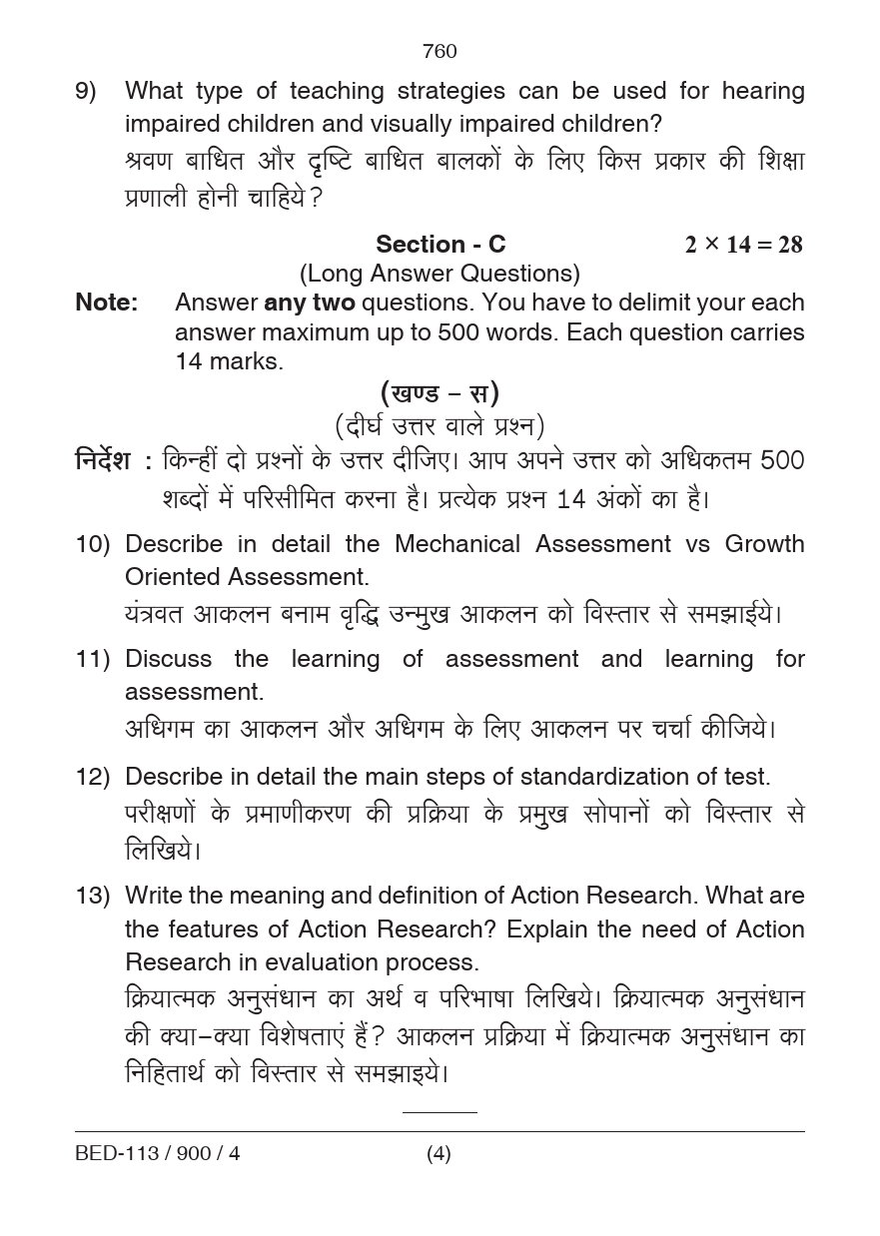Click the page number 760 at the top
coord(440,51)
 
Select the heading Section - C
coord(440,245)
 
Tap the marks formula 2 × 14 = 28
coord(743,245)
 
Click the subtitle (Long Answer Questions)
coord(440,274)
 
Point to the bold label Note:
coord(107,303)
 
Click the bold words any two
coord(309,303)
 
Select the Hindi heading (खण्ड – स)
coord(440,392)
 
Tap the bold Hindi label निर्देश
coord(103,461)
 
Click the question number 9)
coord(86,92)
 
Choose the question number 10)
coord(92,545)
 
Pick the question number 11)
coord(92,660)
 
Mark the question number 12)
coord(92,778)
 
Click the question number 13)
coord(92,897)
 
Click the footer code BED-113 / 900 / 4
coord(157,1154)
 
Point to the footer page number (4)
coord(439,1154)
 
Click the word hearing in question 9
coord(763,92)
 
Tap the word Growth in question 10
coord(764,545)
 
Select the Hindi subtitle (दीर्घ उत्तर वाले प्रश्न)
coord(440,426)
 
